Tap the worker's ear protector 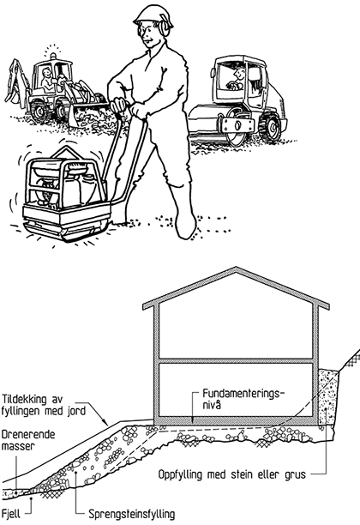(164, 27)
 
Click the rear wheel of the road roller (270, 128)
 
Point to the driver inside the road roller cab (237, 80)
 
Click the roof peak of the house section (237, 268)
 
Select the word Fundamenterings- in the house (243, 394)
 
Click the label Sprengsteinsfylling (132, 515)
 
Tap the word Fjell (11, 513)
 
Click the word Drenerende (27, 435)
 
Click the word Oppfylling (180, 474)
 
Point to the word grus (294, 475)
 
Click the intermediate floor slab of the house (236, 361)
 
